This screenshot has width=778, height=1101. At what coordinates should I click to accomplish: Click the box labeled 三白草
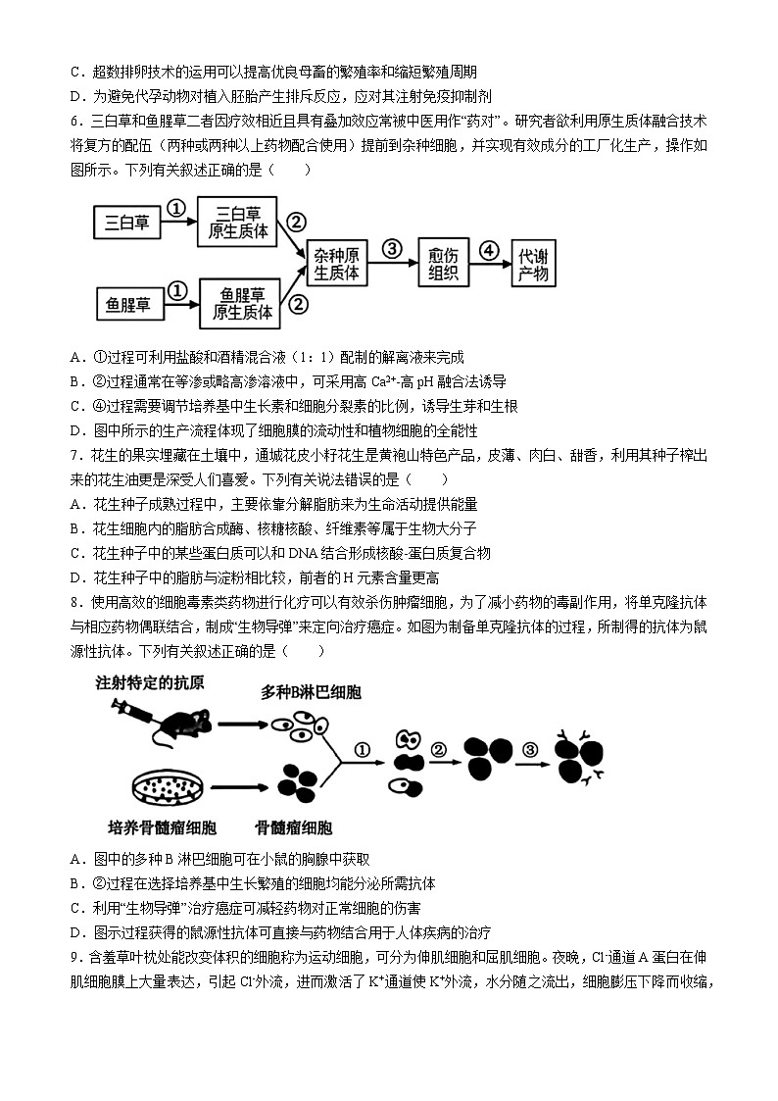(x=127, y=224)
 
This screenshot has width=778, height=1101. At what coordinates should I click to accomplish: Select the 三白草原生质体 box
(x=238, y=222)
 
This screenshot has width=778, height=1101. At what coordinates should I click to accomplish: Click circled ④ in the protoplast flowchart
(x=489, y=249)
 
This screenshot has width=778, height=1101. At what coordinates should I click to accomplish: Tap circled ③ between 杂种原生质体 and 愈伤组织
(x=392, y=249)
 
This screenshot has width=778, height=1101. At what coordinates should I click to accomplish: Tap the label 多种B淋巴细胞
(x=311, y=692)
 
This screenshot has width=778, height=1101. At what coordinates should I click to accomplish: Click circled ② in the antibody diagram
(x=439, y=750)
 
